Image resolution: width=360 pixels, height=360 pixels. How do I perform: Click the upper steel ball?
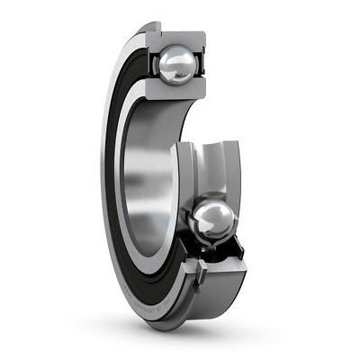pyautogui.click(x=175, y=65)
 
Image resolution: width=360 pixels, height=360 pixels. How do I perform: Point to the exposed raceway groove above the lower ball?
pyautogui.click(x=211, y=166)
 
